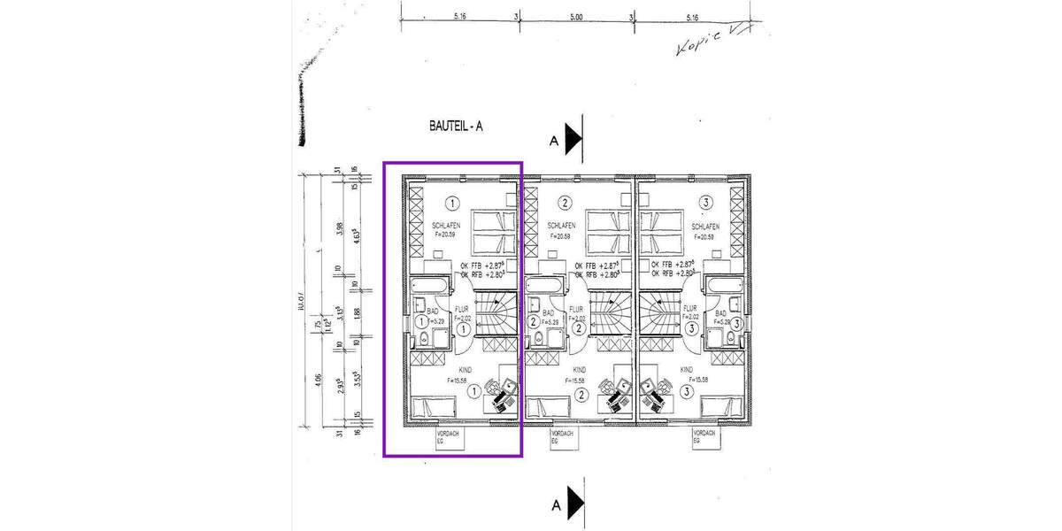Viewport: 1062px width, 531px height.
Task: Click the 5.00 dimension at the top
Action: click(x=575, y=17)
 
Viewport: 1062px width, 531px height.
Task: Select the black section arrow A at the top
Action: click(x=573, y=138)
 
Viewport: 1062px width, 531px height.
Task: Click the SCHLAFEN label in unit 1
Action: click(x=446, y=227)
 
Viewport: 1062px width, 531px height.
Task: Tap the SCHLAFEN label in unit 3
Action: click(x=704, y=227)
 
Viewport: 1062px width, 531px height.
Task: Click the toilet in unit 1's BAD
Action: click(x=422, y=339)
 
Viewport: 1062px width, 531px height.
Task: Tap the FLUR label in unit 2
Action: click(x=576, y=310)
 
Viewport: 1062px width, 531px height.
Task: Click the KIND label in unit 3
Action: click(x=687, y=370)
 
